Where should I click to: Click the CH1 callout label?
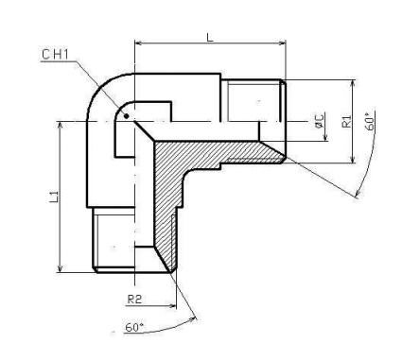(55, 54)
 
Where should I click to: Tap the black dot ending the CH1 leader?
(127, 116)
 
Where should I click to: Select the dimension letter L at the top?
(210, 37)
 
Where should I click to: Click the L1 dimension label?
(54, 197)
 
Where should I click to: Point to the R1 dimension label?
(346, 121)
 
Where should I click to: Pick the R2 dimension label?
(134, 300)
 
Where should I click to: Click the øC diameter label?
(319, 121)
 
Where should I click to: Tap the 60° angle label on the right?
(370, 120)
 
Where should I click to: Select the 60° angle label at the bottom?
(134, 327)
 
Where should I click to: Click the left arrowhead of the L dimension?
(139, 43)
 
